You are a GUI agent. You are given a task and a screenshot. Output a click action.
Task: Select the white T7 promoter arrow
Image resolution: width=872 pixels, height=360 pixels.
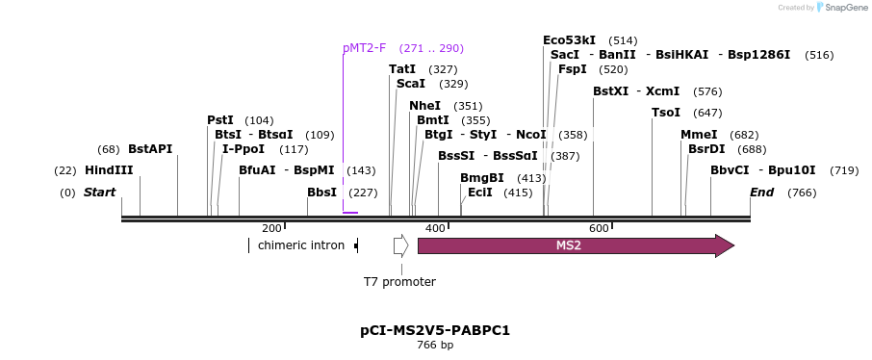[x=400, y=245]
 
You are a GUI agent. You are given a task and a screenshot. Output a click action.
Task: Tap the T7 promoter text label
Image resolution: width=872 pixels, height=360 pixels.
[x=399, y=282]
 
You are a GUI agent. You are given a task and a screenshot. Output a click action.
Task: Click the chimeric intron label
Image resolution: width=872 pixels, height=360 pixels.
[x=301, y=245]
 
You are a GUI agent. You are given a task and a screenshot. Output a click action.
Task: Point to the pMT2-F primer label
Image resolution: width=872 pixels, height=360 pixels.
[x=364, y=48]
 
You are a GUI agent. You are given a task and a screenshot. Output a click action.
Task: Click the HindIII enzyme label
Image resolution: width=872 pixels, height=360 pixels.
[x=109, y=170]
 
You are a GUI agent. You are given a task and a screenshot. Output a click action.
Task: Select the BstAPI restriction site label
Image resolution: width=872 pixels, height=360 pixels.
[x=150, y=149]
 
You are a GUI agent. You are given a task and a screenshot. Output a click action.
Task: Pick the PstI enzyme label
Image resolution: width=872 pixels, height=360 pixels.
[x=220, y=120]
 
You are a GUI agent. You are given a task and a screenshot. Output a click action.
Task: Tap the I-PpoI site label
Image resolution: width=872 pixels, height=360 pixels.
[x=244, y=149]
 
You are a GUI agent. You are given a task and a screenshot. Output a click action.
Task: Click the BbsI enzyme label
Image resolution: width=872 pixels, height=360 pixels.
[x=321, y=193]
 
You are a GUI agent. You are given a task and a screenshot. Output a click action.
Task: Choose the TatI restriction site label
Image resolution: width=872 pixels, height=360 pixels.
[x=402, y=69]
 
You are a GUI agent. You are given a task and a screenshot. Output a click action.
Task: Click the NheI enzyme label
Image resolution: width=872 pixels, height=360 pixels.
[x=424, y=106]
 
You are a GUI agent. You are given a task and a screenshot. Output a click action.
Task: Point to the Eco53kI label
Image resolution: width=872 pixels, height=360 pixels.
[x=569, y=40]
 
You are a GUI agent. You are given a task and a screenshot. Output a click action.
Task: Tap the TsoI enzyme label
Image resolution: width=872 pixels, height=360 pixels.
[x=666, y=113]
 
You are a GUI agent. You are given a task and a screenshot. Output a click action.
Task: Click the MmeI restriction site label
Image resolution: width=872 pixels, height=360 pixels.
[x=699, y=135]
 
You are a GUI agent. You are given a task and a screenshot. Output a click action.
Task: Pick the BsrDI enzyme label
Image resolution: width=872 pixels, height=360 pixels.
[x=706, y=149]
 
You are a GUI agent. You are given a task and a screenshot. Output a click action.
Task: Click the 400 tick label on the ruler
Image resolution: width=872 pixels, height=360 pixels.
[x=436, y=228]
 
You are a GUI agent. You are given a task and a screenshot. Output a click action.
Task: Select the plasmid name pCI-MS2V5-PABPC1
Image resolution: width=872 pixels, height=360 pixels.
[x=435, y=330]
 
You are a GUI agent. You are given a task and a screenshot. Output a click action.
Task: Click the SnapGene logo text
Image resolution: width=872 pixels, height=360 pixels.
[x=844, y=8]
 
